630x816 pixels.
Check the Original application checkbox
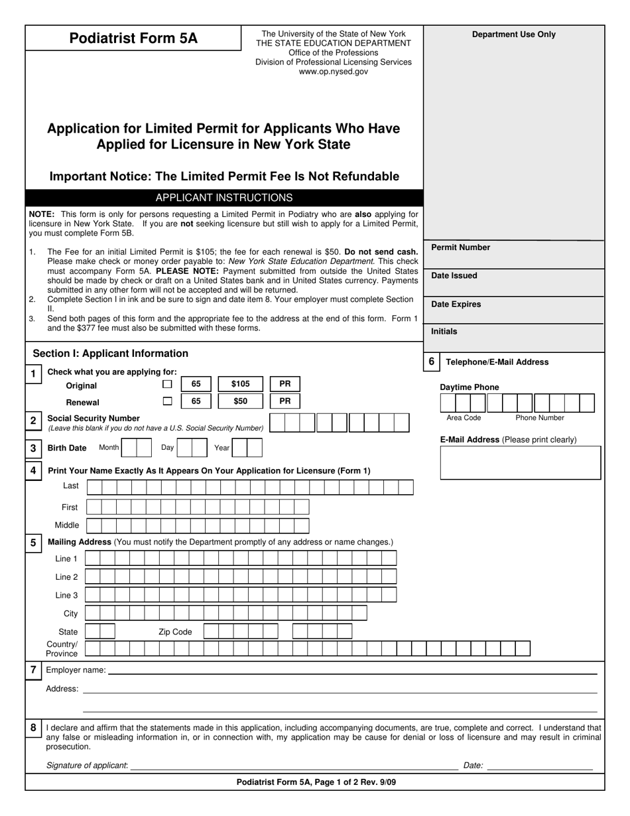[168, 384]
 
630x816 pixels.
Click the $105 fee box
[240, 384]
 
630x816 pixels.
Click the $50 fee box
[240, 401]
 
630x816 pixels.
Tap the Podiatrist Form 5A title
[133, 38]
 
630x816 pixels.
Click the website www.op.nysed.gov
[333, 72]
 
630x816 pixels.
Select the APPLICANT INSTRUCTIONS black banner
[223, 198]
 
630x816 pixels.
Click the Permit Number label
[460, 247]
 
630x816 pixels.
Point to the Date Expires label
[456, 305]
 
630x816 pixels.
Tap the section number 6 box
[431, 362]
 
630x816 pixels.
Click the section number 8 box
[33, 728]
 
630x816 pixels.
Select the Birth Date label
[67, 448]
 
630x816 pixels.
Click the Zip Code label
[175, 632]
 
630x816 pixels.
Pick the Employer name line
[351, 671]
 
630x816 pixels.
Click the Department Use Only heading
[514, 34]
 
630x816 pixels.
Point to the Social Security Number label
[94, 419]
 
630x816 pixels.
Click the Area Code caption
[464, 418]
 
